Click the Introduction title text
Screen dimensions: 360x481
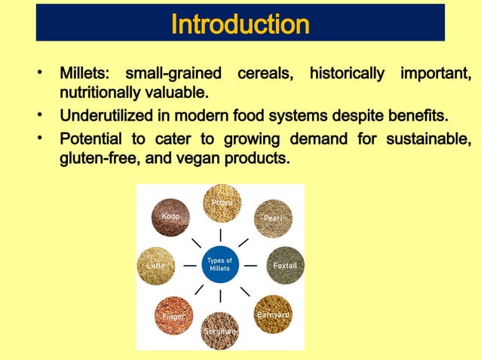point(240,24)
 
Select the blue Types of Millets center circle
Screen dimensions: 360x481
point(220,264)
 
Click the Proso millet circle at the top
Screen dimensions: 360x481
point(221,203)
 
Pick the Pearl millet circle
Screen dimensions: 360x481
point(272,218)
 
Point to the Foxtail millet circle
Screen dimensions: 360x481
point(285,266)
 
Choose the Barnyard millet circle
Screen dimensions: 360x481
point(272,315)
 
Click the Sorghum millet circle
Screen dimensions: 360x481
point(220,331)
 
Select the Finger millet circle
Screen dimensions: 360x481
point(173,316)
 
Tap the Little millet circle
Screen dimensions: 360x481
point(155,266)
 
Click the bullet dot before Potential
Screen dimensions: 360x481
point(43,139)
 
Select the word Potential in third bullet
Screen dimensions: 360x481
point(93,139)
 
